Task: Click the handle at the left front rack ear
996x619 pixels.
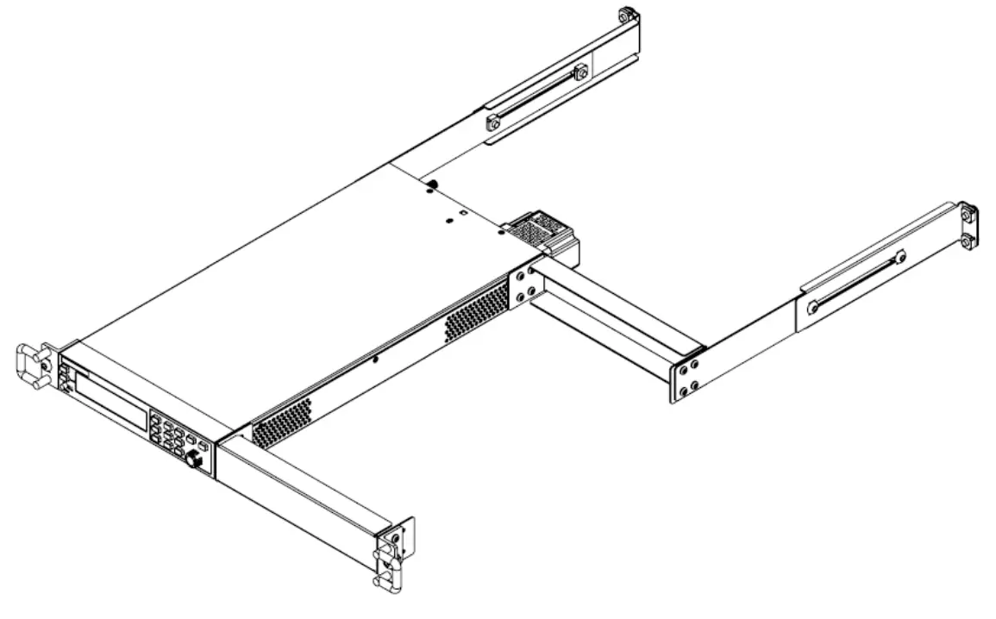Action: pos(28,366)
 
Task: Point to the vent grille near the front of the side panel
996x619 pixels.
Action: pos(280,422)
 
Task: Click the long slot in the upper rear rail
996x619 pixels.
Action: pos(536,95)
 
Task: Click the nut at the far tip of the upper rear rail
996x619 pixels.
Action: pos(626,15)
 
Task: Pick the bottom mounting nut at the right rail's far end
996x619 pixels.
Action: pos(968,241)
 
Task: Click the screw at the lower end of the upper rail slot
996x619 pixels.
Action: pos(492,123)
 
